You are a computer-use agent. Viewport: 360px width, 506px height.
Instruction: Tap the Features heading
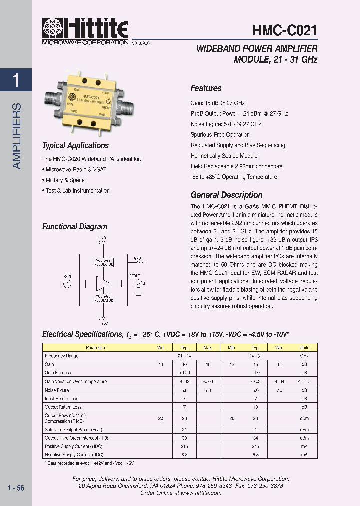tap(206, 88)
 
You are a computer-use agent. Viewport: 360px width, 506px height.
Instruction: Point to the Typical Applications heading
tap(75, 146)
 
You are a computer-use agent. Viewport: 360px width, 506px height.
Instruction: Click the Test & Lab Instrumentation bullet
tap(76, 191)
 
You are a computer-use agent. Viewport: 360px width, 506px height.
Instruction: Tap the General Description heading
tap(226, 195)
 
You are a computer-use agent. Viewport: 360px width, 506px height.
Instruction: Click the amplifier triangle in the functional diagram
tap(103, 284)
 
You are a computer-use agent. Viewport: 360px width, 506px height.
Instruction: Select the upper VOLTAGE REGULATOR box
tap(103, 262)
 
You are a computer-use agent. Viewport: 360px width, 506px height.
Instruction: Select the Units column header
tap(304, 347)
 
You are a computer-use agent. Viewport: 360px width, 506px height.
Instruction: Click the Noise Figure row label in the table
tap(57, 390)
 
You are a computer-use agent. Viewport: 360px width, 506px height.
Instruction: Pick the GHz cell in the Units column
tap(304, 356)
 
